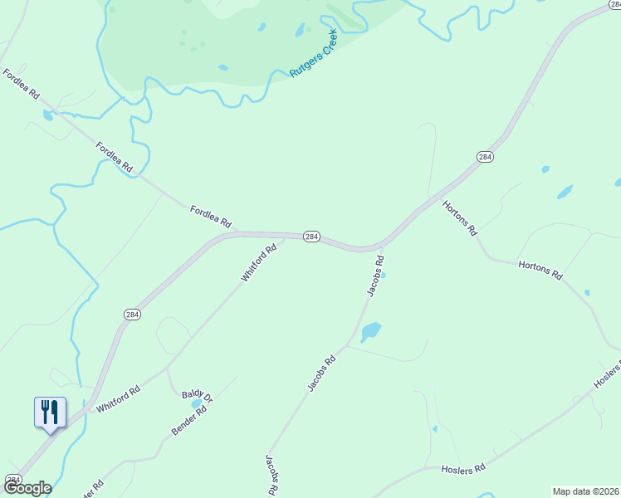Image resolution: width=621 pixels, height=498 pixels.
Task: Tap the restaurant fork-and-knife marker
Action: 50,412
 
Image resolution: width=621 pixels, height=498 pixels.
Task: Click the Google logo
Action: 27,488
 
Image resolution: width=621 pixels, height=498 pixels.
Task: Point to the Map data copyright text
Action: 585,491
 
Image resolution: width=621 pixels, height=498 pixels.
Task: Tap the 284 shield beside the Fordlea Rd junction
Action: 310,237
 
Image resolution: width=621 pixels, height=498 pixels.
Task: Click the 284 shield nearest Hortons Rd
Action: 485,157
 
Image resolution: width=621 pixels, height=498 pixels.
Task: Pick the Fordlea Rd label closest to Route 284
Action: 209,216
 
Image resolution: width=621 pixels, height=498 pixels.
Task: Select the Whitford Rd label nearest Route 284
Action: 258,263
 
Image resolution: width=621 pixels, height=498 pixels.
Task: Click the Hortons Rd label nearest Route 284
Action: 459,217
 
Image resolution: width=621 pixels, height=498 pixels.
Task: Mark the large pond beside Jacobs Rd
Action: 370,331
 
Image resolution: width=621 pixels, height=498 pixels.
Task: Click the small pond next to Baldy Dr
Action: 197,404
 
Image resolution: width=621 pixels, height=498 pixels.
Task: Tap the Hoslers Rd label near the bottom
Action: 463,470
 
